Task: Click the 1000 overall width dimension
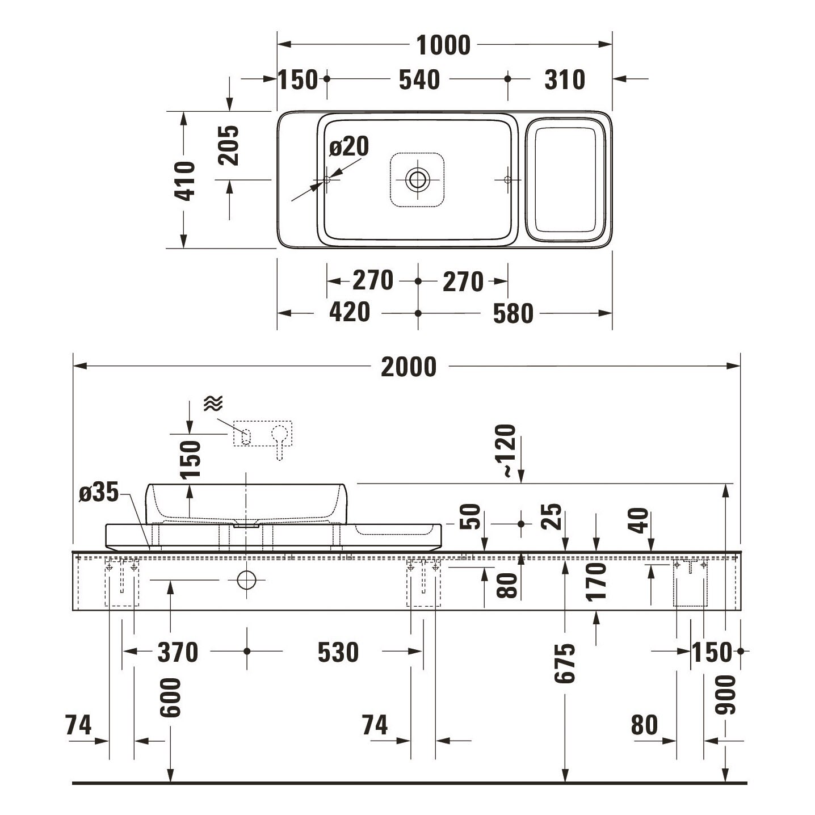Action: pyautogui.click(x=443, y=45)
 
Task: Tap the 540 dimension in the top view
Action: pyautogui.click(x=419, y=79)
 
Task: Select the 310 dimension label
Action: pyautogui.click(x=565, y=79)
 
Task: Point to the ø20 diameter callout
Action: pyautogui.click(x=349, y=146)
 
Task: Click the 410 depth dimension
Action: pyautogui.click(x=185, y=180)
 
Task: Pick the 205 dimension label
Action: pyautogui.click(x=228, y=145)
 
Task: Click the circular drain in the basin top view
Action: pyautogui.click(x=418, y=179)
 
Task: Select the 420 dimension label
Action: pyautogui.click(x=350, y=312)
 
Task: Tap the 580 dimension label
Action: pyautogui.click(x=513, y=314)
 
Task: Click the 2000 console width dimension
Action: pyautogui.click(x=409, y=367)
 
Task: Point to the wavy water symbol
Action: pyautogui.click(x=213, y=404)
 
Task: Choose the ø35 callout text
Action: pyautogui.click(x=99, y=492)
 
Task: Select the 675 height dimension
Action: pyautogui.click(x=565, y=663)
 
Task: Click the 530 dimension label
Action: pyautogui.click(x=338, y=652)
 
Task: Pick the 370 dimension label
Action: pyautogui.click(x=178, y=652)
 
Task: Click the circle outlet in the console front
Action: pyautogui.click(x=247, y=580)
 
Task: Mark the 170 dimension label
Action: pyautogui.click(x=596, y=581)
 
